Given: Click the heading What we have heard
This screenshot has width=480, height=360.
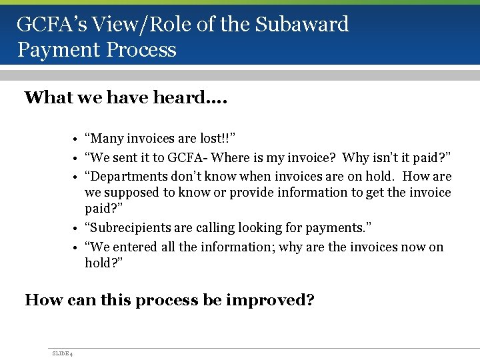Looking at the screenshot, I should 126,98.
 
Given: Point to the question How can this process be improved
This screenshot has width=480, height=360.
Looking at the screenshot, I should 169,300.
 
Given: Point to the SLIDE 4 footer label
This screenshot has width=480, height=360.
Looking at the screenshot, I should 62,353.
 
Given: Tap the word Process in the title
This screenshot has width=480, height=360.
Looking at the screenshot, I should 146,50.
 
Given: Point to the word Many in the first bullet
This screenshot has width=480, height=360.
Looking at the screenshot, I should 105,139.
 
